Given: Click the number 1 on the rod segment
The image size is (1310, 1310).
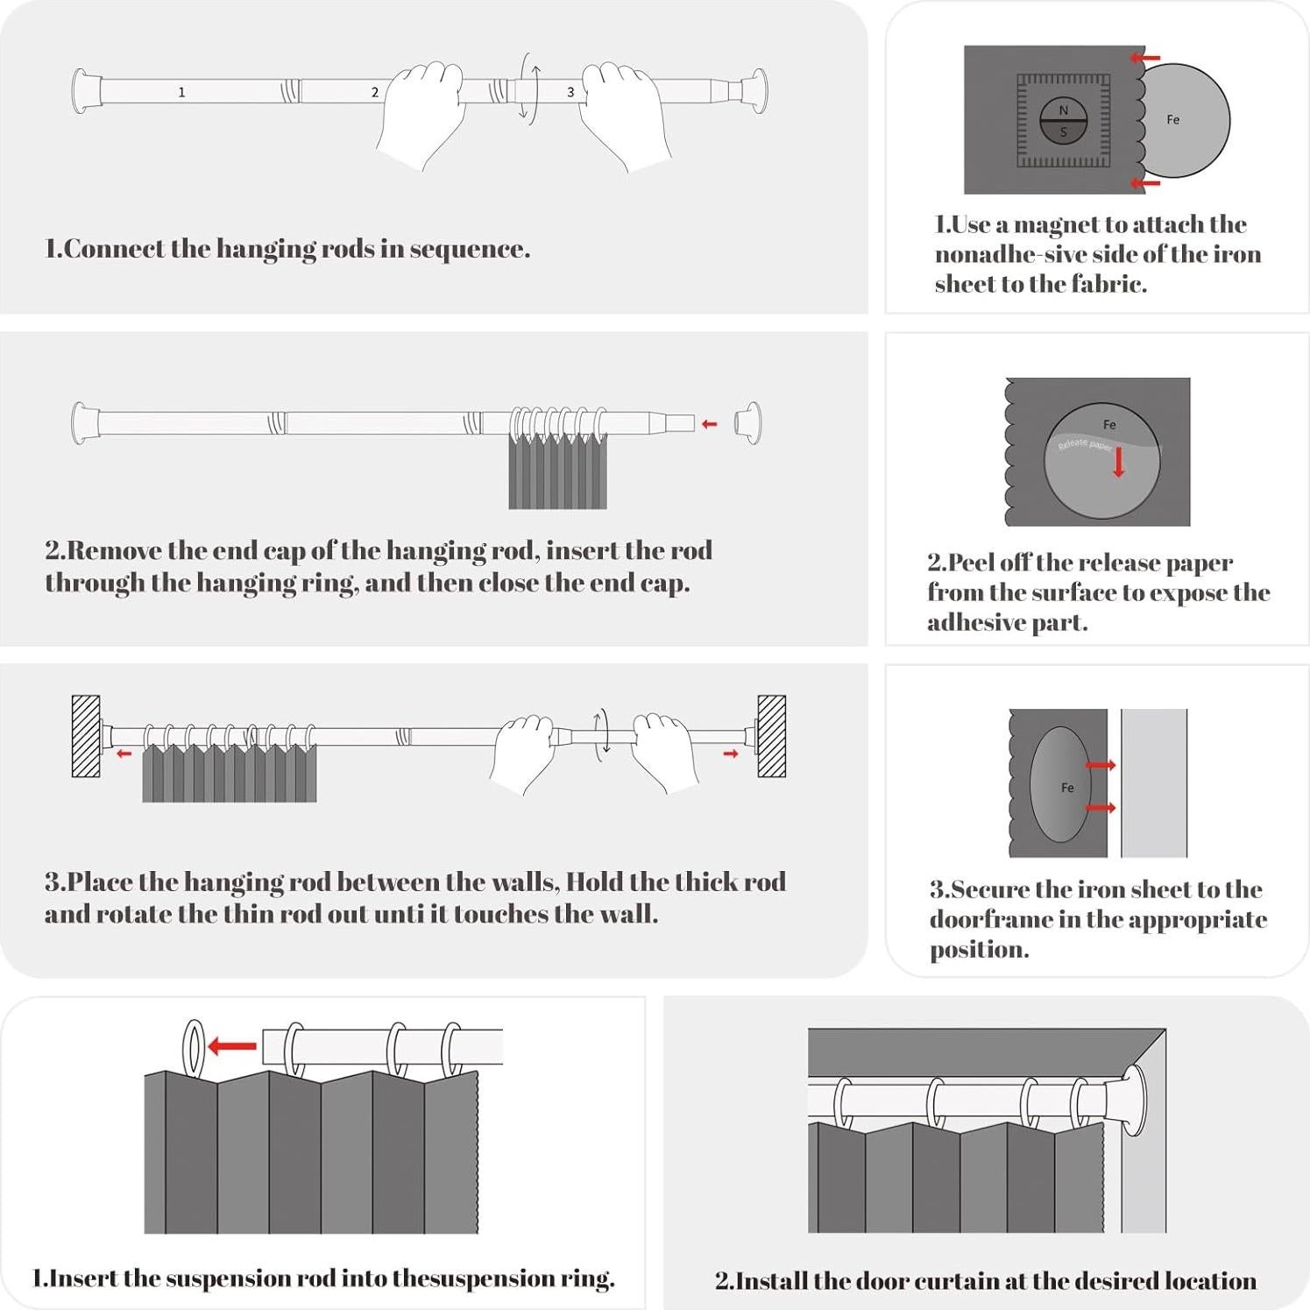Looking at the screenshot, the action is (181, 92).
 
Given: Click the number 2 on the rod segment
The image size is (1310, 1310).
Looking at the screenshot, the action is (375, 92).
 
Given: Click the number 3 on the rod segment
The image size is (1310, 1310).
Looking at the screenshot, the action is (570, 92).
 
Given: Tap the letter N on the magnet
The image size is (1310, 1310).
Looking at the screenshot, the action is (1064, 110).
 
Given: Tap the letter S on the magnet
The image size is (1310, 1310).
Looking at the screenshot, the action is (1064, 132).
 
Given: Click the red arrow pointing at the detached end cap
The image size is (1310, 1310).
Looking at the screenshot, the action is (710, 424).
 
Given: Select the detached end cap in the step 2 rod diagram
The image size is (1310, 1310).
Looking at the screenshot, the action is (748, 423).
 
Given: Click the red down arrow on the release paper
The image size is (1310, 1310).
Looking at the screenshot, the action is (1118, 462).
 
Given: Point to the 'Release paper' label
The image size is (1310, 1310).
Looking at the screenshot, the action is (1085, 445).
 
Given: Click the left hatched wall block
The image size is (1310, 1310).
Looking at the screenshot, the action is (86, 736).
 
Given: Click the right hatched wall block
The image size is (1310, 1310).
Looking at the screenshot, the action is (772, 736).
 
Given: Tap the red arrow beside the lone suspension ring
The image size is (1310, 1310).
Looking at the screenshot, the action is (232, 1045).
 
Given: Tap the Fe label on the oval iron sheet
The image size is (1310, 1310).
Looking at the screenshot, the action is (1067, 788).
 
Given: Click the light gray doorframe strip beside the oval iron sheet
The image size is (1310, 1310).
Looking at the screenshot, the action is (1154, 782).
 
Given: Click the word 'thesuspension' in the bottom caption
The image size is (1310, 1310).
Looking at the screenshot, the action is (474, 1278).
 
